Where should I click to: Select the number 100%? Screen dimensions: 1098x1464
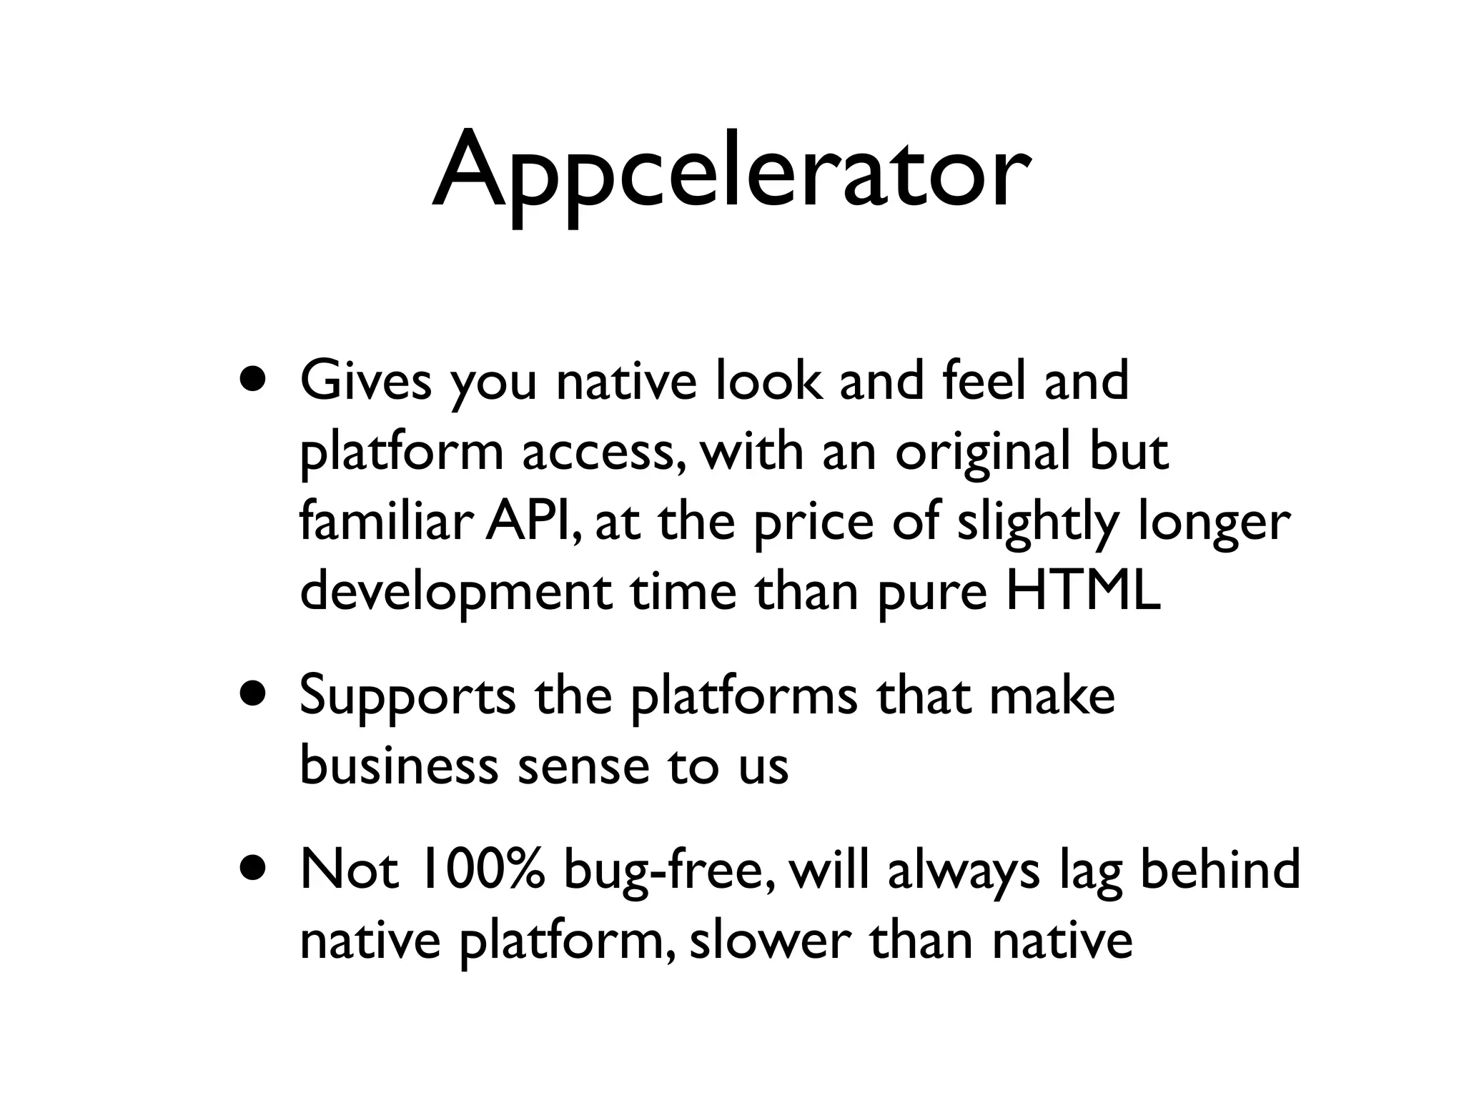[484, 869]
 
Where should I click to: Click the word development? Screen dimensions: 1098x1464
[456, 593]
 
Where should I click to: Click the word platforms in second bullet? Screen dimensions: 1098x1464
[743, 696]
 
